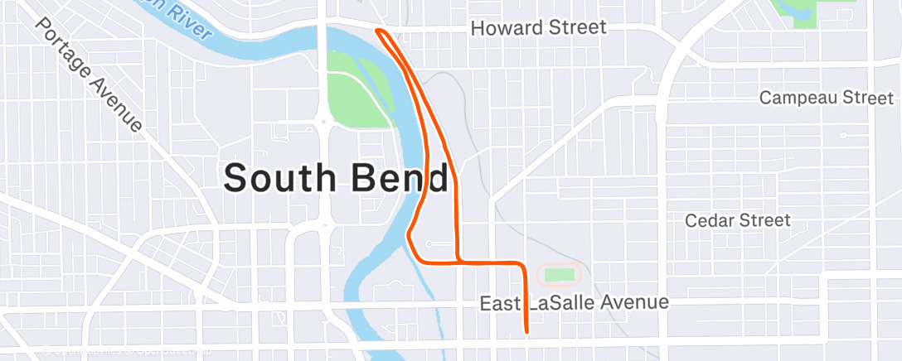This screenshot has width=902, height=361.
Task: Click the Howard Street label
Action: coord(538,28)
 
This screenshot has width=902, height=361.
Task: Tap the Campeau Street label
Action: coord(827,98)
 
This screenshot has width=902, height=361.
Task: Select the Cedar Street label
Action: coord(738,220)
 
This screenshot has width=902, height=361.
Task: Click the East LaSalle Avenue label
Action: coord(574,303)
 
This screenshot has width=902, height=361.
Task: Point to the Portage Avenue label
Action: coord(90,73)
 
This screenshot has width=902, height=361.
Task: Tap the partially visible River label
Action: coord(187,20)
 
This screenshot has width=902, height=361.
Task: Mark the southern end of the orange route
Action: coord(526,333)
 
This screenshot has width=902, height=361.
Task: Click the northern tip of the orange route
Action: coord(378,31)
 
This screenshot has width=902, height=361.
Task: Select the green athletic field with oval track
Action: coord(560,273)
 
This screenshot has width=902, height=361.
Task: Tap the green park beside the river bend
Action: coord(356,90)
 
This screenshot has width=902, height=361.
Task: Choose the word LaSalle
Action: coord(566,303)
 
